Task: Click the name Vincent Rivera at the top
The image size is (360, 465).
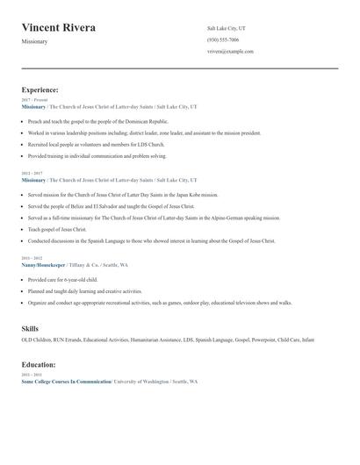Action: click(x=59, y=28)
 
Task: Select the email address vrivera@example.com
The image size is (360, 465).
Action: click(x=230, y=52)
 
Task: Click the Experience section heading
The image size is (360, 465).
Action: click(x=40, y=89)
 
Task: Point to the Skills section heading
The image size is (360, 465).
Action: click(x=30, y=328)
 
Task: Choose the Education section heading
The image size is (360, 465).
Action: click(x=39, y=364)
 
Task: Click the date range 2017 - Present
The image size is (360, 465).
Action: click(x=34, y=100)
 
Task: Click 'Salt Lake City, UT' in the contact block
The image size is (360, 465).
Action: click(x=227, y=28)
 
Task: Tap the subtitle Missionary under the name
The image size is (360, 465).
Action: click(x=34, y=41)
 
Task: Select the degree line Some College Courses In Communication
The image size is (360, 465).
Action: click(x=66, y=382)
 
